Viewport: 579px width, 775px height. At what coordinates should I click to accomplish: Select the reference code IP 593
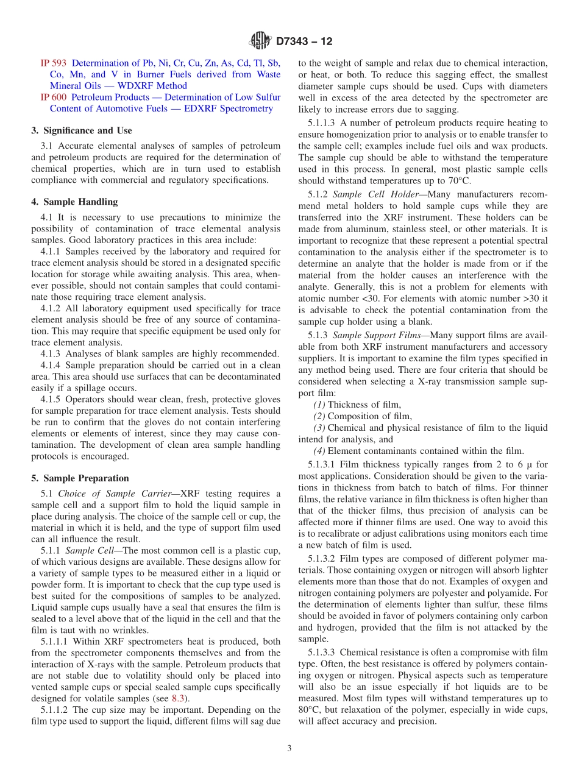coord(53,63)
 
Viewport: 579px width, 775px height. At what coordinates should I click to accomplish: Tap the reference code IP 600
coord(53,97)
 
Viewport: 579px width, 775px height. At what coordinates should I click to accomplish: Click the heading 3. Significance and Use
coord(82,130)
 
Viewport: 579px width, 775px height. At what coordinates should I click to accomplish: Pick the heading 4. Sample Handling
coord(74,202)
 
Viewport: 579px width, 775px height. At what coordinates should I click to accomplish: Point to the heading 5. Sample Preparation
coord(80,478)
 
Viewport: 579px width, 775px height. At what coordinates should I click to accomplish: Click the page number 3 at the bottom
coord(289,748)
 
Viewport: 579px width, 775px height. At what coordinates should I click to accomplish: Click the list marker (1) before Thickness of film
coord(319,405)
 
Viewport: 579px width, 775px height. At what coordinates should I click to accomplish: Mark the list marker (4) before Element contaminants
coord(319,451)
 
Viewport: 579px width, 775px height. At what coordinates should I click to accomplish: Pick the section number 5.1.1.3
coord(322,122)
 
